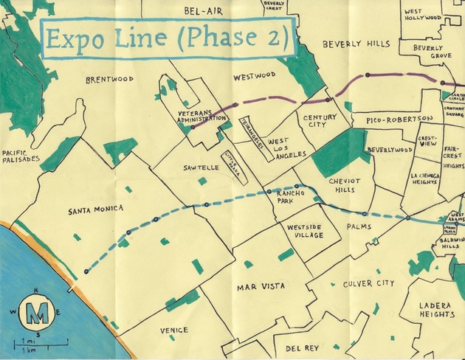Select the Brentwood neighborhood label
[x=109, y=80]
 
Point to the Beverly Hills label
[x=356, y=44]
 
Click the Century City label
[x=320, y=121]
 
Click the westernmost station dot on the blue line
[x=86, y=271]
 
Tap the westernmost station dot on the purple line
[x=192, y=127]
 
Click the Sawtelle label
[x=201, y=168]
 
